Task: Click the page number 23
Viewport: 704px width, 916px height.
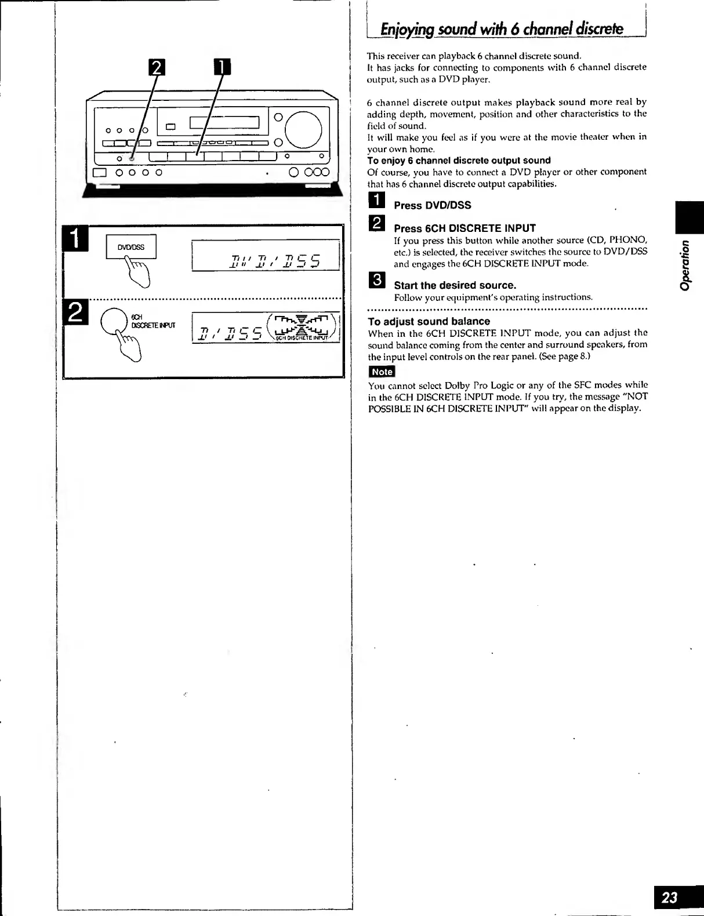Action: [x=670, y=897]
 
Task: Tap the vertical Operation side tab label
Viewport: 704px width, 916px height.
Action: [x=686, y=265]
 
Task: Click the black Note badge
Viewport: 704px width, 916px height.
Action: [x=382, y=372]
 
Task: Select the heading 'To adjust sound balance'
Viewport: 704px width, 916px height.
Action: [x=429, y=321]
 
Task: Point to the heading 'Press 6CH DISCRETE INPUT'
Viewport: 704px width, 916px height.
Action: [x=465, y=228]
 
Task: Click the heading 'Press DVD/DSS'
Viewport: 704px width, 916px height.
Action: [x=432, y=205]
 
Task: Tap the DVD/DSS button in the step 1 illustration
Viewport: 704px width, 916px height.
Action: [x=131, y=248]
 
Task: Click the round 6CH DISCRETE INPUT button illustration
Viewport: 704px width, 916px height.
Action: [x=114, y=321]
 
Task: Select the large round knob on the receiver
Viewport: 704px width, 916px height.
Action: [x=303, y=129]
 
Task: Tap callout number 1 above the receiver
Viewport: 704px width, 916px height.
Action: [x=223, y=68]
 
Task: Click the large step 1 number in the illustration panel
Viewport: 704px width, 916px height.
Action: [x=77, y=238]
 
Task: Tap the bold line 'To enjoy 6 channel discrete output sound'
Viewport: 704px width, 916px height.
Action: [x=459, y=161]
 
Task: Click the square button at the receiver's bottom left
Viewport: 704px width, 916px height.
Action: [x=100, y=172]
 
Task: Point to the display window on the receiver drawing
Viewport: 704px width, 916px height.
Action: [x=224, y=122]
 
